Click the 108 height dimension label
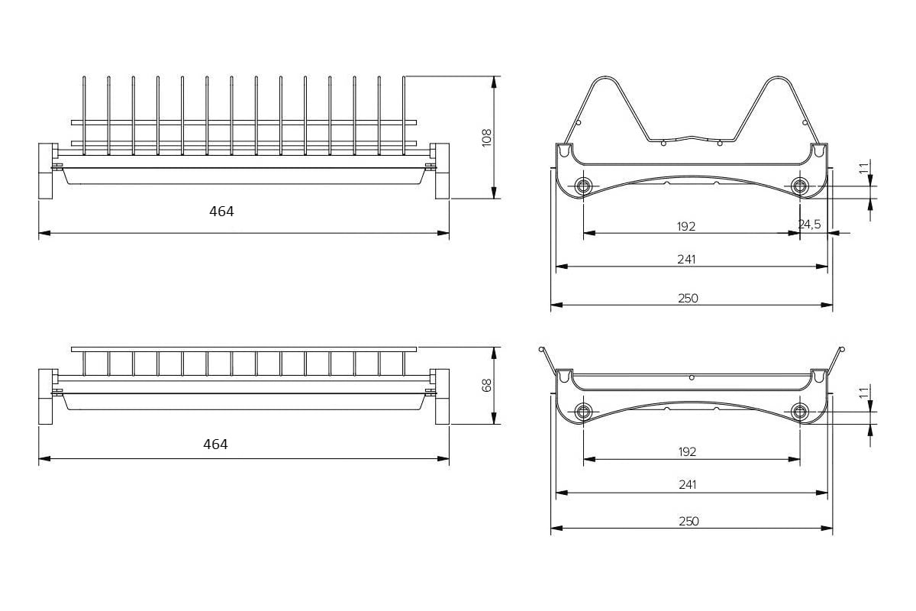[487, 137]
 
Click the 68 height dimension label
[487, 386]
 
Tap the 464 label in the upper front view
[221, 212]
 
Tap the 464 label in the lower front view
[215, 445]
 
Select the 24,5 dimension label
[809, 225]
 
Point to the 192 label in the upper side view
[686, 226]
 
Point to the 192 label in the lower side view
[687, 452]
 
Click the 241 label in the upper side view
[686, 260]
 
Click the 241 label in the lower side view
[688, 485]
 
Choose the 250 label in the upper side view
[689, 299]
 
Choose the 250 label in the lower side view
[689, 522]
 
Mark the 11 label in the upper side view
[863, 168]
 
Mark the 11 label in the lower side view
[863, 393]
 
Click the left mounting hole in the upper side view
[583, 186]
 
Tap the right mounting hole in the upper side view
[799, 186]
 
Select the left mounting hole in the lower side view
[583, 412]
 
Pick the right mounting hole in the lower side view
[799, 412]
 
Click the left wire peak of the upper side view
[605, 77]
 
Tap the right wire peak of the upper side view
[777, 77]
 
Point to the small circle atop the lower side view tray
[692, 378]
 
